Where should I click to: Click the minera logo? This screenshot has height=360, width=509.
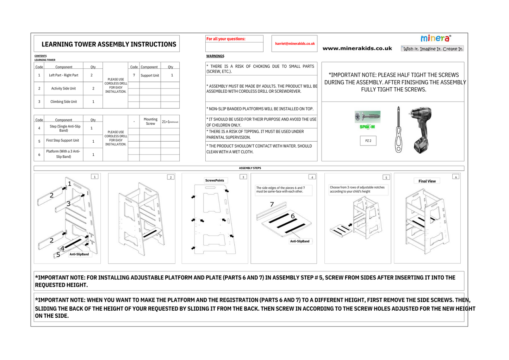pos(435,38)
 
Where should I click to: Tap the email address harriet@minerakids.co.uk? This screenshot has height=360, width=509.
pos(295,44)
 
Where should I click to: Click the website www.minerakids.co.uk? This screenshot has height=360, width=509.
pos(357,49)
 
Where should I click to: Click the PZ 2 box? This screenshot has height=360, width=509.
pos(368,141)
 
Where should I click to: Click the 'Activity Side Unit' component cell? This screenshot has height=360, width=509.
pos(63,88)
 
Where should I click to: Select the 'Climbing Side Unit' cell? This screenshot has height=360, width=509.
pos(63,102)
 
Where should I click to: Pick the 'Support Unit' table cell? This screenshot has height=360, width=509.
pos(150,75)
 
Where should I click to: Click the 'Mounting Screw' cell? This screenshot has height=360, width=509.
pos(150,122)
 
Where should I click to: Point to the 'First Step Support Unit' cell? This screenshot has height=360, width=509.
pos(63,141)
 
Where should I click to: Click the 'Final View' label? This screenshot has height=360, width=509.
pos(427,181)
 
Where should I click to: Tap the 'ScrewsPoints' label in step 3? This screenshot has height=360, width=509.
pos(215,180)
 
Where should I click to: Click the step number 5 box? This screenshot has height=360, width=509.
pos(386,178)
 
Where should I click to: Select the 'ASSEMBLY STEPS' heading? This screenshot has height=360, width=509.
pos(250,168)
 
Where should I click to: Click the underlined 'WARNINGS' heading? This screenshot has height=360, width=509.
pos(215,56)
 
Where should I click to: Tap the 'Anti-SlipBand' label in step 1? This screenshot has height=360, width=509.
pos(79,254)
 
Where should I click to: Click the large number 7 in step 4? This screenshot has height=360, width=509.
pos(272,204)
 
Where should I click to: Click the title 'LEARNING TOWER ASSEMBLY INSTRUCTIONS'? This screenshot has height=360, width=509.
pos(109,44)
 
